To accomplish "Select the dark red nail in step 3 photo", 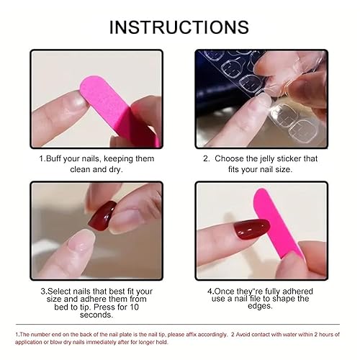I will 102,215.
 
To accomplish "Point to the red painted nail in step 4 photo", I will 253,231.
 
